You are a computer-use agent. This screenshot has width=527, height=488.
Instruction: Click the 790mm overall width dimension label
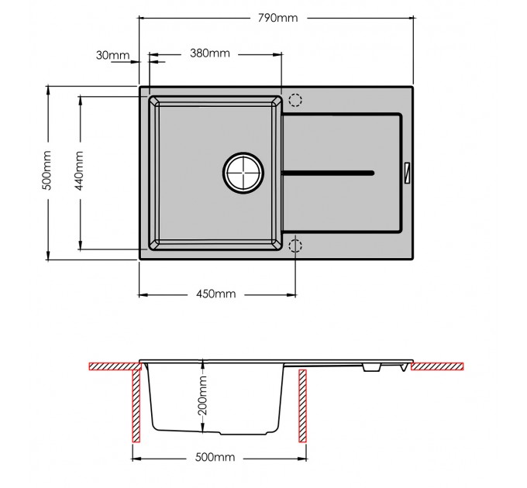coord(278,18)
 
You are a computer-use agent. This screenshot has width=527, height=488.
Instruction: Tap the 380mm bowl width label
coord(210,53)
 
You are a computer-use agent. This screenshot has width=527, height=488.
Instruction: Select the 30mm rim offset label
coord(112,55)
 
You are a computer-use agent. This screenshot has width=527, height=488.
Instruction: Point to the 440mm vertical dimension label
coord(79,170)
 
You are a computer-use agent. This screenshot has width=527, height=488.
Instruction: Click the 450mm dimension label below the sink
coord(216,294)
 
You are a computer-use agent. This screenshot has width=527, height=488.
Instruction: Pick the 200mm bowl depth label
coord(203,395)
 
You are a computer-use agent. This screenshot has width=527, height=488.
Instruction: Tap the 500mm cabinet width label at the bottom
coord(215,457)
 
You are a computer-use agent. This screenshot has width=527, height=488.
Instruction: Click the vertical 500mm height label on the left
coord(46,170)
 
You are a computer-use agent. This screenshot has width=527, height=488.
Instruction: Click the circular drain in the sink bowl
coord(243,173)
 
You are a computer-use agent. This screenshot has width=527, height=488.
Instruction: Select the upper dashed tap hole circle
coord(295,100)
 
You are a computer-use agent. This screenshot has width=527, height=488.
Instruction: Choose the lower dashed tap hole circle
coord(295,246)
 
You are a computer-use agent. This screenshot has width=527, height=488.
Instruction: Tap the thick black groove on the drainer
coord(329,174)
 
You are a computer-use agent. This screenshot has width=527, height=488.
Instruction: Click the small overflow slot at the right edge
coord(408,173)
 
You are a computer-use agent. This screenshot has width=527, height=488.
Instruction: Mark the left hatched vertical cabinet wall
coord(136,406)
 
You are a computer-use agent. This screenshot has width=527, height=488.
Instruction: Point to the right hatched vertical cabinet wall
coord(302,406)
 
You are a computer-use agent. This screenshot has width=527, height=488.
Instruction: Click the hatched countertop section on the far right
coord(437,366)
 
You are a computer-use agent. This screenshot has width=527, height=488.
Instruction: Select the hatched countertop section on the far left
coord(115,366)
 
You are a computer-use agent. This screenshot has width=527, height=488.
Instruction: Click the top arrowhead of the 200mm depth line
coord(203,363)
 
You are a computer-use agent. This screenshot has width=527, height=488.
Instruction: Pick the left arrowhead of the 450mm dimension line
coord(143,295)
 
